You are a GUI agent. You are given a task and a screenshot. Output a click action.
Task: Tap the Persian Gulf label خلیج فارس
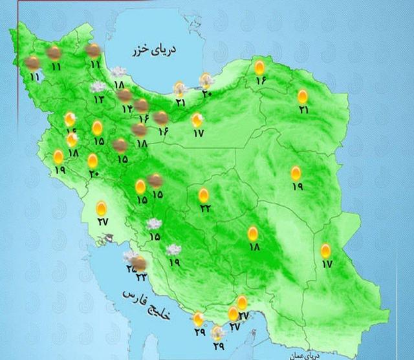click(143, 304)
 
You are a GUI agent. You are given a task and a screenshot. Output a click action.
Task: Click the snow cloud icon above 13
click(98, 87)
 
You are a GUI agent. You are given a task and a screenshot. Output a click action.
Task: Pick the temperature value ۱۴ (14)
click(126, 108)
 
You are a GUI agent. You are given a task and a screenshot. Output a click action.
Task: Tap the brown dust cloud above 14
click(125, 96)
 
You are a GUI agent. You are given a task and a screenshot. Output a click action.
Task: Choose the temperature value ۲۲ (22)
click(204, 208)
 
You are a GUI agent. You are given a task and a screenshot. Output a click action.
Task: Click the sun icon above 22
click(204, 195)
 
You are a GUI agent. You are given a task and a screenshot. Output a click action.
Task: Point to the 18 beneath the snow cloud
click(118, 85)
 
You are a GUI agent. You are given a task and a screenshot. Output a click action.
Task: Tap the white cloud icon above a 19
click(173, 249)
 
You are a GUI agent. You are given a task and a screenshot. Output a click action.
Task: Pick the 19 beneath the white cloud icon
click(174, 262)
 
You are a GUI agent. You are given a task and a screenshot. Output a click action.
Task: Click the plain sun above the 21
click(303, 97)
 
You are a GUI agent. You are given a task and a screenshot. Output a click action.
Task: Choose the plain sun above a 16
click(260, 67)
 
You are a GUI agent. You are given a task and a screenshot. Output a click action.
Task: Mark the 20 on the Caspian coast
click(206, 94)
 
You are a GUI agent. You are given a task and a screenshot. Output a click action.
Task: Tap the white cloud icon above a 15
click(154, 224)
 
